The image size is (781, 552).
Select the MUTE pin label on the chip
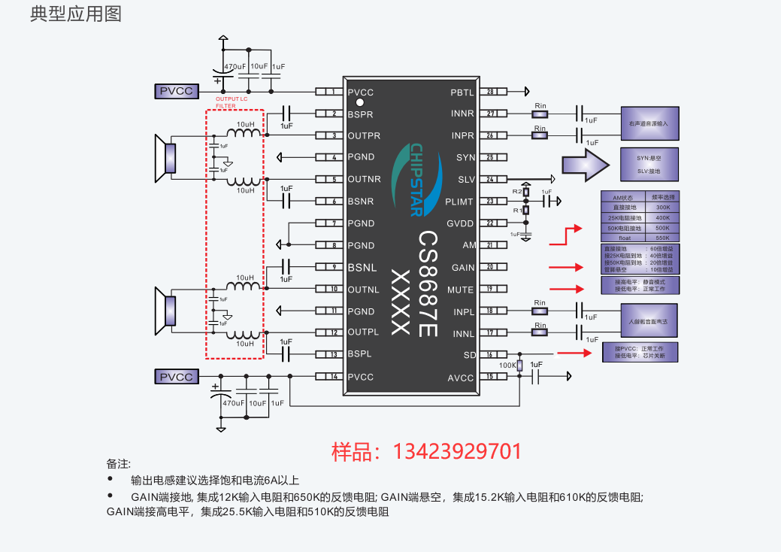pos(460,290)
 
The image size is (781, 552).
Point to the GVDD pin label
pos(460,223)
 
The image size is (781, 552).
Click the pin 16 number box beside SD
pos(491,355)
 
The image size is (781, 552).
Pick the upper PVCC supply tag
pos(177,92)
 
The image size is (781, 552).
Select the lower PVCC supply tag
pos(177,377)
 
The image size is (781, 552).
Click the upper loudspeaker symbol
pos(165,158)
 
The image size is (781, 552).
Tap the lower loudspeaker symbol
pos(165,311)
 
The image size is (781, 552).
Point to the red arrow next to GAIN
pos(567,267)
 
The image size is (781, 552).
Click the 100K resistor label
pos(508,365)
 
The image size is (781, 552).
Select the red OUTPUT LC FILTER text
pos(232,102)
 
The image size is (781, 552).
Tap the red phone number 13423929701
pos(427,451)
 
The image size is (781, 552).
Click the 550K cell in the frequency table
pos(662,238)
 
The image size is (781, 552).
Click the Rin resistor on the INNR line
pos(540,114)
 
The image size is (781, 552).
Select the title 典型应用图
pos(76,14)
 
